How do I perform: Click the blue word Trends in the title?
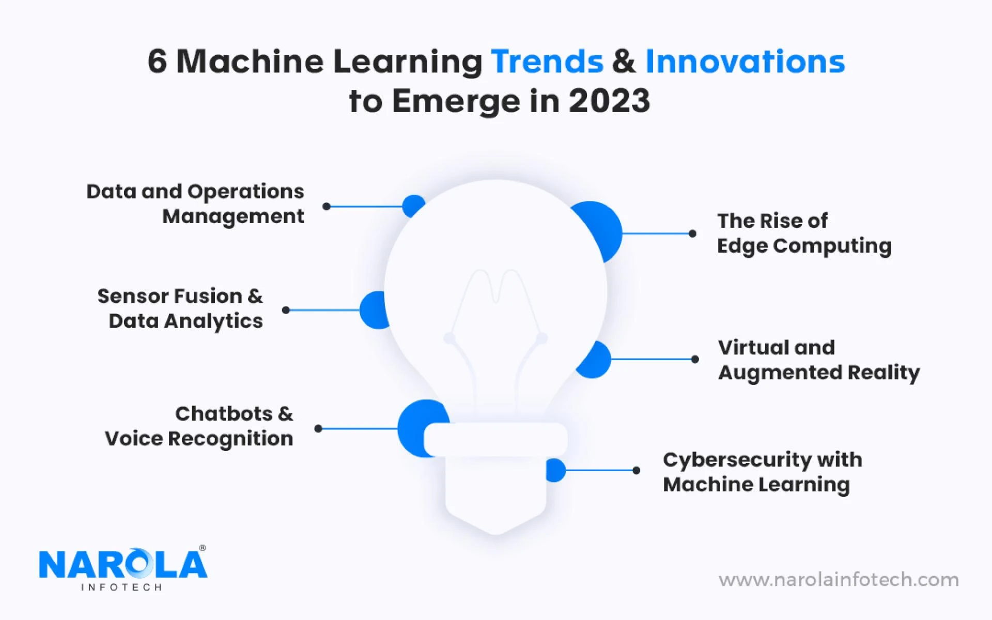(x=547, y=61)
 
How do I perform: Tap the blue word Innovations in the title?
(x=745, y=61)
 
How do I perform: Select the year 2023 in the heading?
(x=609, y=101)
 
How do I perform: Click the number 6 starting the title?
(x=157, y=61)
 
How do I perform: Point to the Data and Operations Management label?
(x=195, y=204)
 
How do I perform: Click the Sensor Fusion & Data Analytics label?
(x=180, y=308)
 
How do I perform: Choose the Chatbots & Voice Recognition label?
(x=199, y=426)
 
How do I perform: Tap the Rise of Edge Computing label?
(x=804, y=233)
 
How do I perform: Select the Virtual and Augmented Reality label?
(x=818, y=360)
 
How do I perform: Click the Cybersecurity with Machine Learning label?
(x=762, y=472)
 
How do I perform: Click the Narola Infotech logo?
(x=123, y=568)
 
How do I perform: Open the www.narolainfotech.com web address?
(x=838, y=580)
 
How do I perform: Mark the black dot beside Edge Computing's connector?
(x=692, y=234)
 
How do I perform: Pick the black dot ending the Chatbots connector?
(x=318, y=428)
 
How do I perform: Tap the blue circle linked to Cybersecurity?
(x=556, y=470)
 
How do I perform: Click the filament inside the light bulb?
(x=495, y=310)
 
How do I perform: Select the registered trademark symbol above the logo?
(x=202, y=548)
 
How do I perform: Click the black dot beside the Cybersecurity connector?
(x=637, y=470)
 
